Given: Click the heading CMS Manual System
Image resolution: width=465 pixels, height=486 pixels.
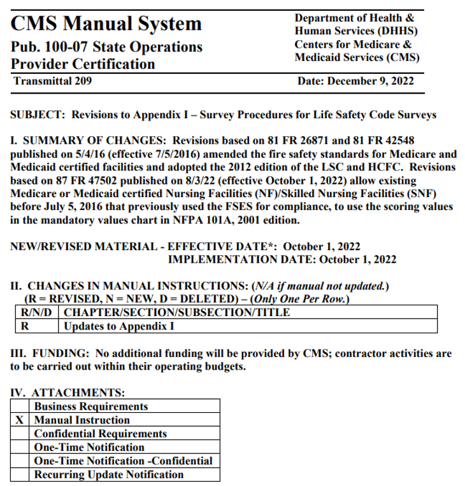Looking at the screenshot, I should pos(106,24).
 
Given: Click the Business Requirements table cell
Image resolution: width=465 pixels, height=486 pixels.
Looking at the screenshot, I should pos(90,406).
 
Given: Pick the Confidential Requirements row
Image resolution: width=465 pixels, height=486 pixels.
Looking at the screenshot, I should pos(100,434).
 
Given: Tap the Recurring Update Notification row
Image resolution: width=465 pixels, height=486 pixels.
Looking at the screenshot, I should pos(108,475).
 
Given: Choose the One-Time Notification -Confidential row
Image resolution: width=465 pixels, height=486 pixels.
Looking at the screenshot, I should pos(123,461).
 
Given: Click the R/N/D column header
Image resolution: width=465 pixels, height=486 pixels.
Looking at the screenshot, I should pos(37,312).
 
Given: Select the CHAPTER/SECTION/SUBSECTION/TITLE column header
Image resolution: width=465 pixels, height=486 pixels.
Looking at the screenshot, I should pos(177,312).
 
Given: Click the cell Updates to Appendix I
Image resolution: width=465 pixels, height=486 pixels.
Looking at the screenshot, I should pos(119,326).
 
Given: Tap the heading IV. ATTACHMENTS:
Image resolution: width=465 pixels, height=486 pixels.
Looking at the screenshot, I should pos(68,393).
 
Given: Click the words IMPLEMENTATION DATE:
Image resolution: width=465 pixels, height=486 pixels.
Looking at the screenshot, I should pos(241,260).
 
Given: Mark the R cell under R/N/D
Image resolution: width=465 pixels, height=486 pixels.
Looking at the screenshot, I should pos(25,326).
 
